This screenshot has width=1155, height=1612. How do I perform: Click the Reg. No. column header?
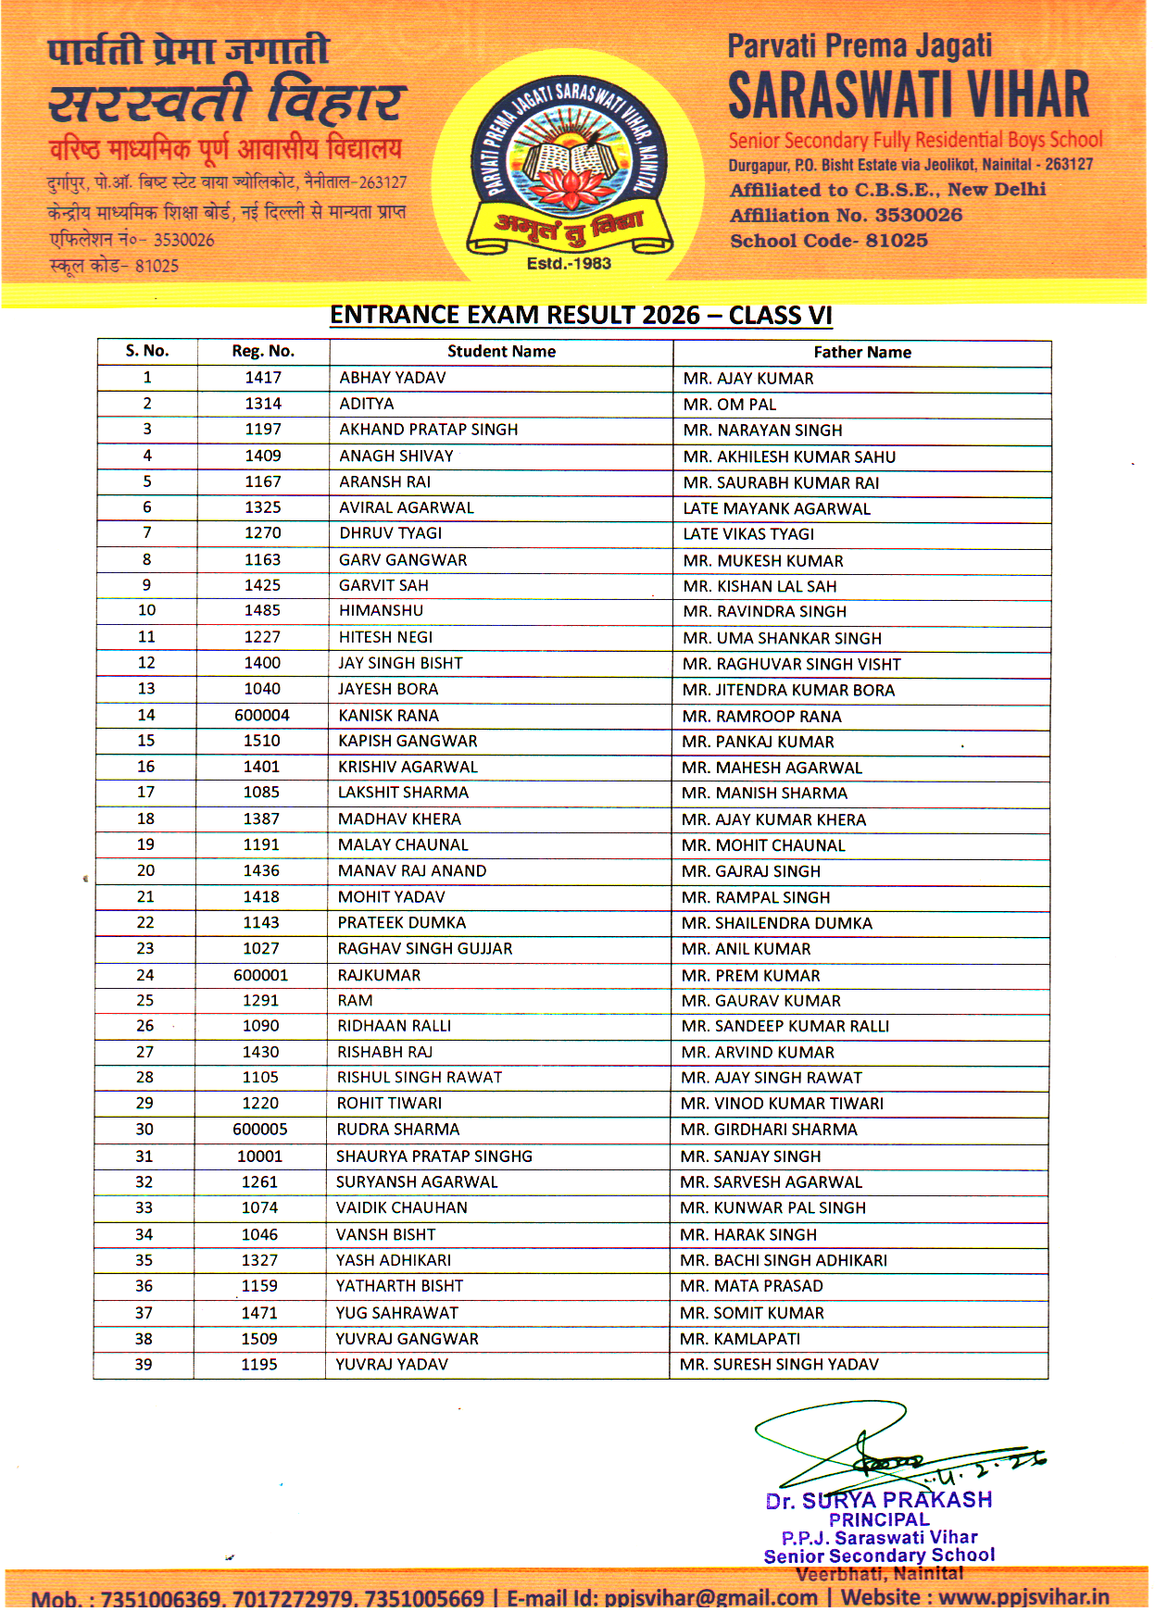click(x=263, y=351)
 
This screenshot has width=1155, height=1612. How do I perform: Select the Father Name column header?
click(x=861, y=352)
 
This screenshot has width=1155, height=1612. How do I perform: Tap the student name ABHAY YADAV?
click(x=393, y=378)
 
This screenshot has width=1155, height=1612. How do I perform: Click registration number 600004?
click(x=262, y=715)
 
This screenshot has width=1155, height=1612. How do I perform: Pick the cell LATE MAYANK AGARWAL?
click(x=776, y=508)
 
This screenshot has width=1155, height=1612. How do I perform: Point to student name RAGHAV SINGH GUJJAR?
click(x=424, y=948)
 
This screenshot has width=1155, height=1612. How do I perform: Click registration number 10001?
click(x=259, y=1156)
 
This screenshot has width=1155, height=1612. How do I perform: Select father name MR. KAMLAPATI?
click(x=739, y=1339)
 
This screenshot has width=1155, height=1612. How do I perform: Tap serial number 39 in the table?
click(x=144, y=1364)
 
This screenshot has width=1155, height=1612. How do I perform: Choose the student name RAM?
click(x=355, y=1000)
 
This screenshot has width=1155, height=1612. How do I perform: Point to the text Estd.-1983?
click(x=569, y=264)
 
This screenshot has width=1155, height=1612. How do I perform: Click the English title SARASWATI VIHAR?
click(x=908, y=94)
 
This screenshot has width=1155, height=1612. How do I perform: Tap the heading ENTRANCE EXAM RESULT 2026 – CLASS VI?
click(x=581, y=316)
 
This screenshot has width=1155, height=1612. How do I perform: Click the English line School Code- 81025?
click(x=828, y=241)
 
